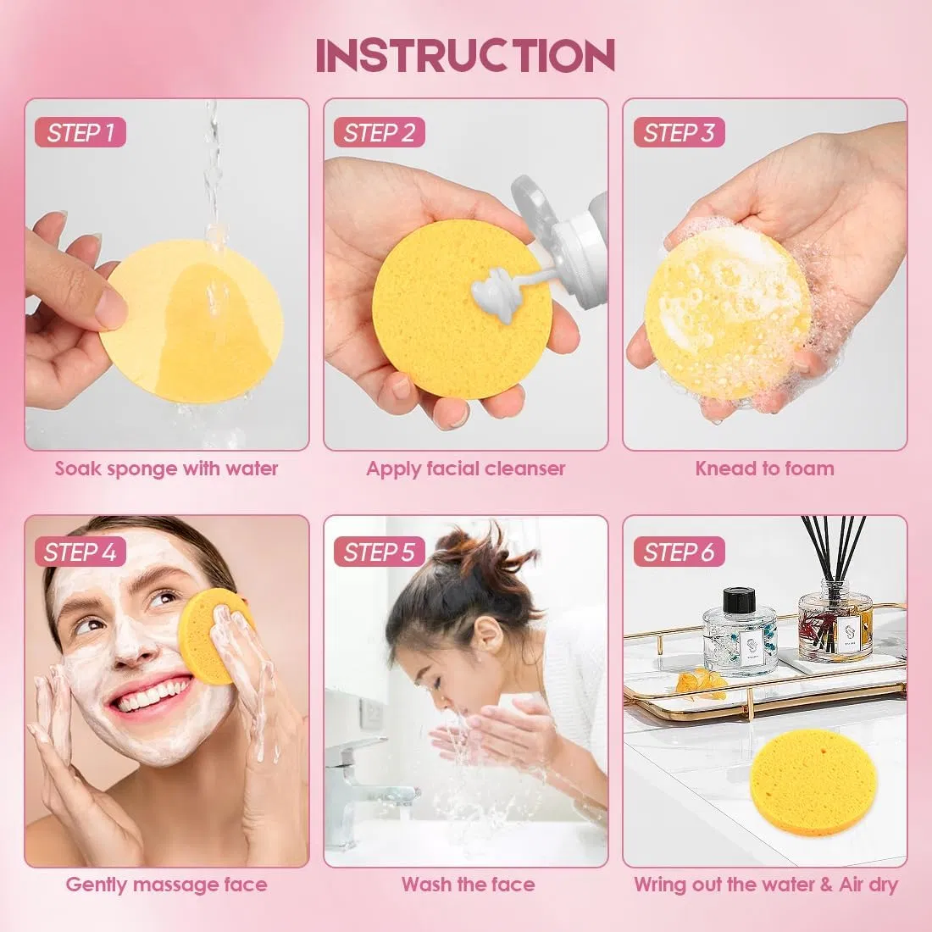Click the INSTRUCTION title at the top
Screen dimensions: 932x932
pyautogui.click(x=465, y=56)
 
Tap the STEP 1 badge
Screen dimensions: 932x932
pyautogui.click(x=80, y=132)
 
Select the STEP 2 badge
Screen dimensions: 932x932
pyautogui.click(x=380, y=132)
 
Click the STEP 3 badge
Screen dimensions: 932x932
pyautogui.click(x=679, y=132)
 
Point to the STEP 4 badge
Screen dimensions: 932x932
pyautogui.click(x=80, y=552)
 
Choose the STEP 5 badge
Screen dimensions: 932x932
pyautogui.click(x=380, y=552)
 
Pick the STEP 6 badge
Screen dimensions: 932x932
pyautogui.click(x=679, y=552)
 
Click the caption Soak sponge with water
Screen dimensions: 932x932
pyautogui.click(x=166, y=469)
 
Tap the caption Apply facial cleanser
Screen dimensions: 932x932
pyautogui.click(x=465, y=469)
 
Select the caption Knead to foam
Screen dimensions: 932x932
pyautogui.click(x=764, y=469)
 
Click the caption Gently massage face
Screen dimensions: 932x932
pyautogui.click(x=166, y=885)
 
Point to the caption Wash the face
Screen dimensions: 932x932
pyautogui.click(x=468, y=885)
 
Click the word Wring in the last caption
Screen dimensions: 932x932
pyautogui.click(x=660, y=885)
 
